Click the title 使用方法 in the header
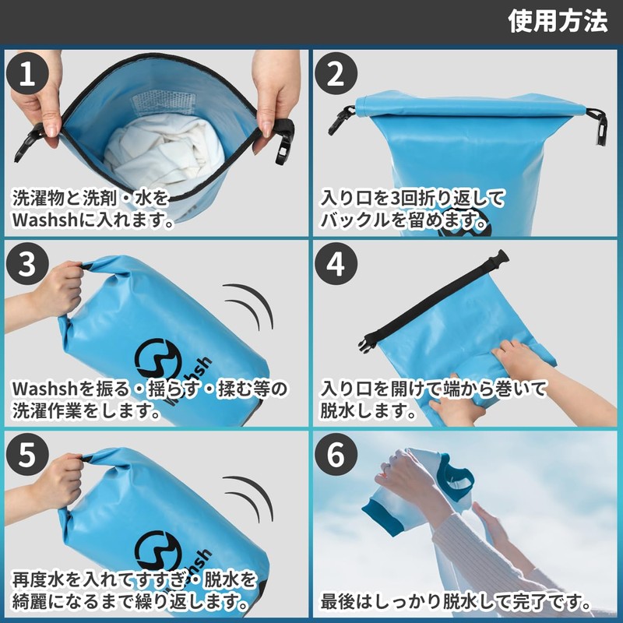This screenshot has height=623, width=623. coord(558,21)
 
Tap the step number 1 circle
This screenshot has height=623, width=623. coord(27,73)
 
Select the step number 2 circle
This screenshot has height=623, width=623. coord(336,73)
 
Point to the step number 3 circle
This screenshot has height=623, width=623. coord(27,264)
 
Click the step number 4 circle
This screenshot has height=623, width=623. coord(336,264)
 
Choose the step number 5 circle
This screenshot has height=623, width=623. coord(27,455)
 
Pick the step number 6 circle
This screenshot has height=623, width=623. coord(336,455)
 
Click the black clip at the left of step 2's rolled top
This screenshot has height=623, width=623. coord(341,119)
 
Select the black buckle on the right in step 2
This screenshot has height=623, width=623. coord(597,127)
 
